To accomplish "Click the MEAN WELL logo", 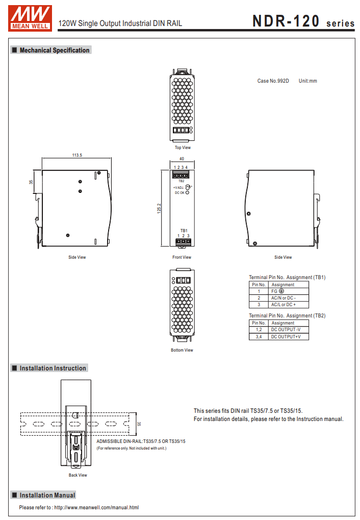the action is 30,18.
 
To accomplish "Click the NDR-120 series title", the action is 303,21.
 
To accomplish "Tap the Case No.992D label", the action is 273,81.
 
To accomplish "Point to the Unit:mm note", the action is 307,81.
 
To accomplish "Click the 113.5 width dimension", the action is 77,155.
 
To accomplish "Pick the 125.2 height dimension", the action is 159,208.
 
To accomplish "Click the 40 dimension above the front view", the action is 182,159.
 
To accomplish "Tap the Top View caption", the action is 183,147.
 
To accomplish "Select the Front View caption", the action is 182,257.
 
